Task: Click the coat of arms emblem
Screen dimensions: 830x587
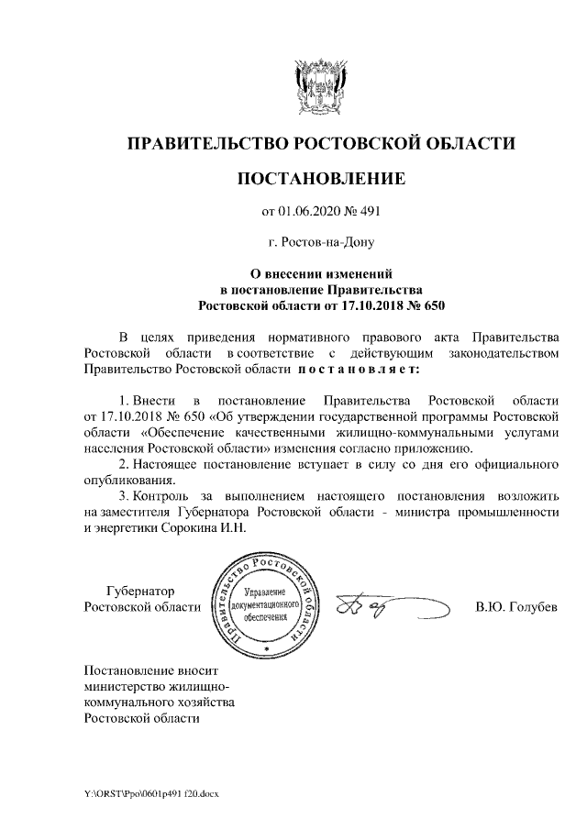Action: point(320,87)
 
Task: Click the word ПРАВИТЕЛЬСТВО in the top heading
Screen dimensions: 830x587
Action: point(205,143)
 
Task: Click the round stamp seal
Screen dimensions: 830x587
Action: point(265,606)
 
